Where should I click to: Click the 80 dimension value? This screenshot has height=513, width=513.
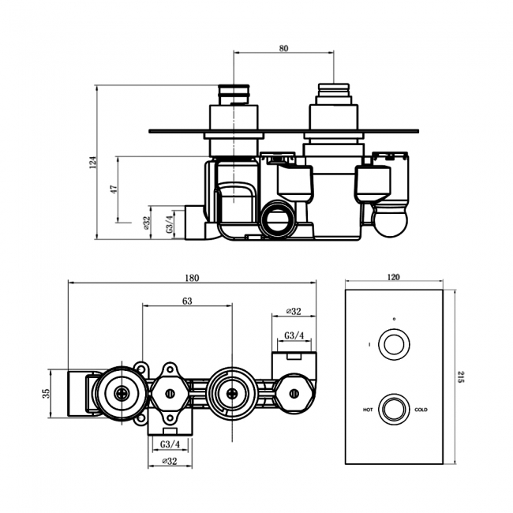click(x=283, y=49)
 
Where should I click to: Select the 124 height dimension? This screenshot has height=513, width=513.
click(x=93, y=163)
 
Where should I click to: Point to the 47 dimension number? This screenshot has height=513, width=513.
click(x=114, y=190)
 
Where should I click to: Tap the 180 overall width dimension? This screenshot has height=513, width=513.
click(x=192, y=277)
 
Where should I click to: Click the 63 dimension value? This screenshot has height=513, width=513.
click(x=187, y=301)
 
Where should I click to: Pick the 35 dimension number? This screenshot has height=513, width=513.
click(x=47, y=393)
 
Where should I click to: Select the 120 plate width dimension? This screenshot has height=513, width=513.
click(x=395, y=277)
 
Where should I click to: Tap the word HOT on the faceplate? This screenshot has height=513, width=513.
click(x=368, y=410)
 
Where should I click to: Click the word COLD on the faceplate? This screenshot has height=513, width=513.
click(x=421, y=410)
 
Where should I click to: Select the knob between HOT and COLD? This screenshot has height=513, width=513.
click(x=393, y=410)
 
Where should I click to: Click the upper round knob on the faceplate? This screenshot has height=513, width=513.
click(x=393, y=344)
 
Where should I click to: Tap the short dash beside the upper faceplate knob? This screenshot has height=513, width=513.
click(x=369, y=345)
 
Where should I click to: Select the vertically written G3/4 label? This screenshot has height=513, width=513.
click(x=168, y=223)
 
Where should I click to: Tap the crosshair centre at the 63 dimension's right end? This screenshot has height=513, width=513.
click(x=232, y=391)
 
